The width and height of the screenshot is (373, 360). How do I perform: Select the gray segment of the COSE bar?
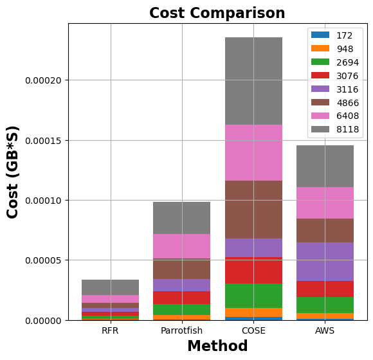point(253,81)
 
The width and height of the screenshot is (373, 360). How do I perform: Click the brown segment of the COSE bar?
point(253,210)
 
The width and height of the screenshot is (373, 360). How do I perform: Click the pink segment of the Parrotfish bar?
point(181,246)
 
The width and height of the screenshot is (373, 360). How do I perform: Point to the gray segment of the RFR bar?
point(110,287)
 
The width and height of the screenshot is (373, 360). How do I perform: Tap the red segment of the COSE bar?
point(253,270)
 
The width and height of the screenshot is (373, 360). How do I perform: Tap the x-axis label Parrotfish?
point(181,330)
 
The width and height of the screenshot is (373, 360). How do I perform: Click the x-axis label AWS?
point(325,330)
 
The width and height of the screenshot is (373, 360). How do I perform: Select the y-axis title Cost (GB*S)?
point(13,172)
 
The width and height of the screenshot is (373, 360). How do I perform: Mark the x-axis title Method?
point(217,346)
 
